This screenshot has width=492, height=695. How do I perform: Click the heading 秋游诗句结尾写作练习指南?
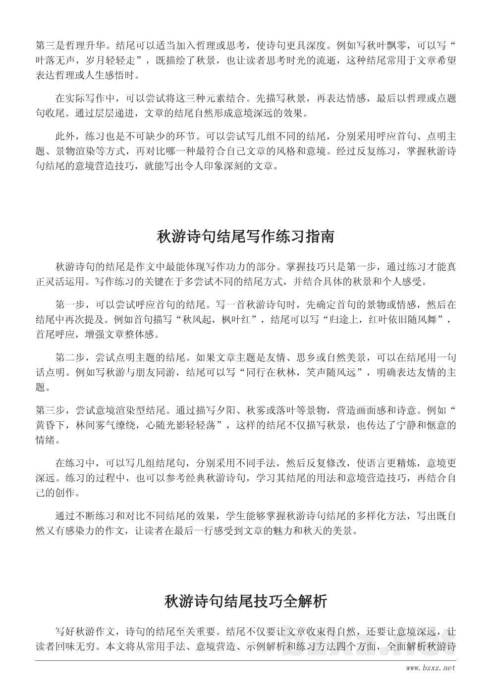click(246, 236)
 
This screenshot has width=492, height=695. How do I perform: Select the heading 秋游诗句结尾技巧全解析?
click(246, 601)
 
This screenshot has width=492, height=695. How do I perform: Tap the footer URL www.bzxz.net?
click(430, 668)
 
